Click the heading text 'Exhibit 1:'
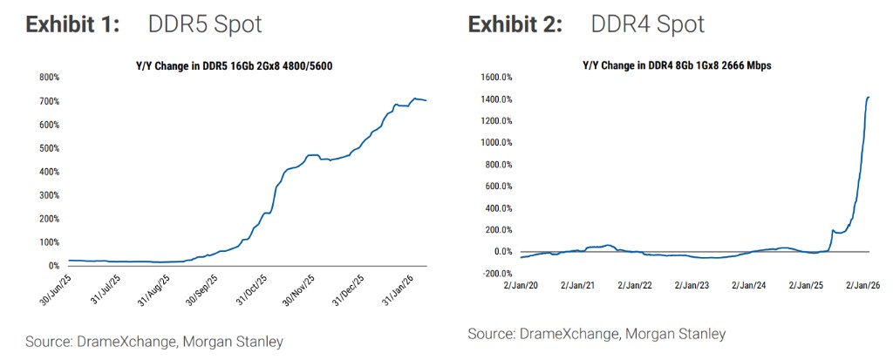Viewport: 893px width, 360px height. pos(72,24)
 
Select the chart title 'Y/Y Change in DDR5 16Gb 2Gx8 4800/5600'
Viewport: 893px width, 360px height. pos(235,66)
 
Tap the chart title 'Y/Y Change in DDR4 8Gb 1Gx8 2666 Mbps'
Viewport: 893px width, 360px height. pos(677,65)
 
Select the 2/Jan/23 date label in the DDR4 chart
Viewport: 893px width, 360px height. pos(693,284)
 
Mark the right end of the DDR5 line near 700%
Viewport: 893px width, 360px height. pos(426,100)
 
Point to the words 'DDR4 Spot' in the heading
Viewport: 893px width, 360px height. pos(647,24)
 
